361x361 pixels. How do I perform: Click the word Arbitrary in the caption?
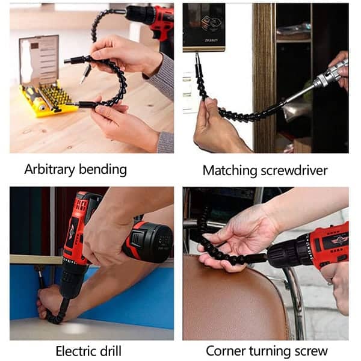point(49,169)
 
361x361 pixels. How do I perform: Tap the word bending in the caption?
point(103,169)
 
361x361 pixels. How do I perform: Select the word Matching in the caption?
point(230,171)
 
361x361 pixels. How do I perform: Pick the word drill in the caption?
point(111,351)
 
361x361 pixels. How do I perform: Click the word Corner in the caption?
point(226,351)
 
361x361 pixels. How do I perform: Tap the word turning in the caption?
point(270,352)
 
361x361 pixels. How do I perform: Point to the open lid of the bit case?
point(39,60)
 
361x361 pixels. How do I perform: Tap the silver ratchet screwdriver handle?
point(332,73)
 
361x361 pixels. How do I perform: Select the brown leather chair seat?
point(232,299)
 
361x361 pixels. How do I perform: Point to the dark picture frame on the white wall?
point(204,27)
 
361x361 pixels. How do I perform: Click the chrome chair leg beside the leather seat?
point(297,304)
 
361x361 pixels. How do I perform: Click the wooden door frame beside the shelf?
point(264,78)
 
